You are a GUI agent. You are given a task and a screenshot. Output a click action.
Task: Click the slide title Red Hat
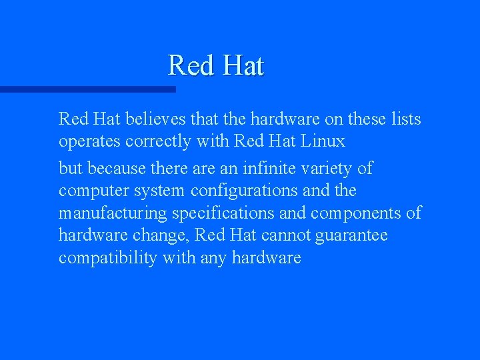pos(216,65)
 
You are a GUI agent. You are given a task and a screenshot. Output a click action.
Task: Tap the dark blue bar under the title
pos(87,89)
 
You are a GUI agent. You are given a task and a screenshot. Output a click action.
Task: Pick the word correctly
pos(164,141)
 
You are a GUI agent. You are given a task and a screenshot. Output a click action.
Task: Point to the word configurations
pos(245,191)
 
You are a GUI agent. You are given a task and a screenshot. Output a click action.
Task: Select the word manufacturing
pos(113,213)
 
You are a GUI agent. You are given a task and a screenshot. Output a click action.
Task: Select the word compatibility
pos(107,258)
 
